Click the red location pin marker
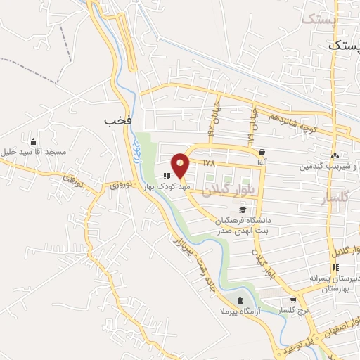click(181, 165)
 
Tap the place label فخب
click(118, 120)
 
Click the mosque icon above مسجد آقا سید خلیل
click(32, 141)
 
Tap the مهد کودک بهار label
click(158, 187)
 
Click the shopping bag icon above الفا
click(262, 152)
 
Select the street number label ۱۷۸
click(208, 162)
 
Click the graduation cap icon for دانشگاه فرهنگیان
click(243, 209)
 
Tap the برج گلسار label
click(294, 310)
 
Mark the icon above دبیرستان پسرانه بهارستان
click(335, 267)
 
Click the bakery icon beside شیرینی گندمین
click(335, 155)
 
